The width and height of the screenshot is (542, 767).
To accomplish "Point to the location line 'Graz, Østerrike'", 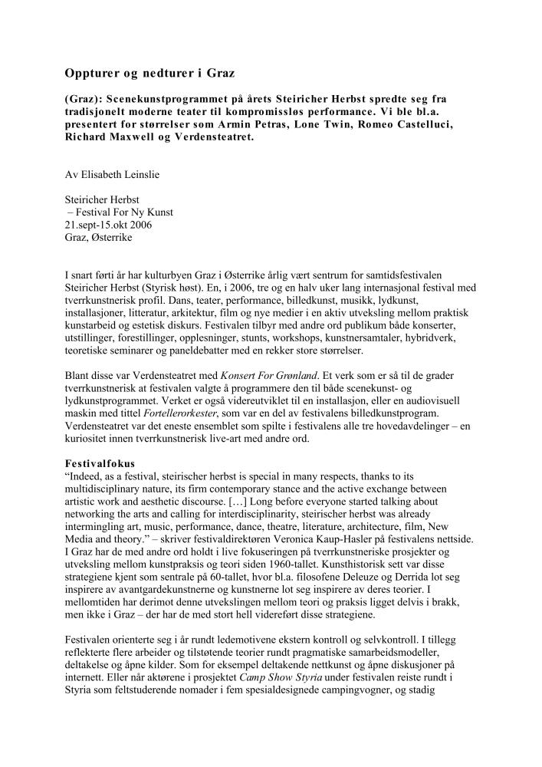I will click(x=99, y=238).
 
